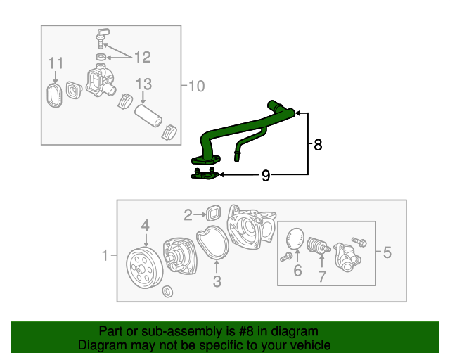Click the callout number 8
click(318, 145)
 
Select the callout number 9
click(265, 176)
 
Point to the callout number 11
click(56, 65)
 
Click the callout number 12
click(143, 56)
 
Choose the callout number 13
click(143, 84)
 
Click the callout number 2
click(188, 214)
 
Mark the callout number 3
click(217, 282)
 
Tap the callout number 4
click(145, 225)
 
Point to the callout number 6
click(297, 271)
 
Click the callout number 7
click(321, 276)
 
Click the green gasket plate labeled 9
click(205, 176)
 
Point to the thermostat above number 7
click(316, 245)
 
